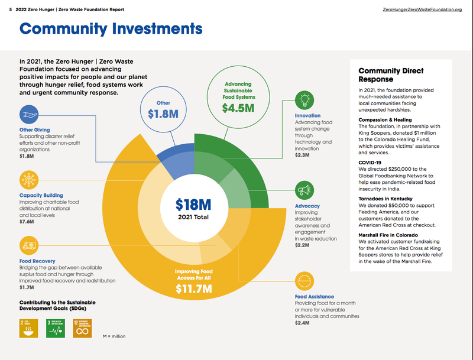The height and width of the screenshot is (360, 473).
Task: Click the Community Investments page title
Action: point(111,28)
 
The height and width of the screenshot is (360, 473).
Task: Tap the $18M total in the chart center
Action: point(193,205)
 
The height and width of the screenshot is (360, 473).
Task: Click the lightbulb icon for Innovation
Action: point(304,99)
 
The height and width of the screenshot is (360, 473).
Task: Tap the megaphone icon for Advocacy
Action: point(304,190)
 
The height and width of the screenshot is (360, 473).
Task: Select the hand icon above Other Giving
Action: point(29,114)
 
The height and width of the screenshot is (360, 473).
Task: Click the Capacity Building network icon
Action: point(29,180)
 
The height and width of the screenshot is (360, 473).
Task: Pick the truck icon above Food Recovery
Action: point(29,245)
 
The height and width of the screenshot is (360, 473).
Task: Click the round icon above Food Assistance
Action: point(304,281)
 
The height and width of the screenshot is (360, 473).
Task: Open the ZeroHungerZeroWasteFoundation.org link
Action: point(422,10)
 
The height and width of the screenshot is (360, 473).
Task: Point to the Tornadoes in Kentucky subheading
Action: point(385,199)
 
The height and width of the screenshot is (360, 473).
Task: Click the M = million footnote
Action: point(114,336)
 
